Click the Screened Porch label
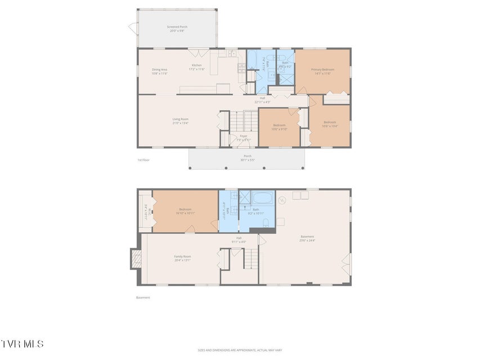coord(177,29)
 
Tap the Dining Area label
coord(159,71)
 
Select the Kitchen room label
coord(197,67)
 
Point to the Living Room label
coord(180,121)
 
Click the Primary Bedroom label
coord(323,71)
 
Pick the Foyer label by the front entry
coord(243,138)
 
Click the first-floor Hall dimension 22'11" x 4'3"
coord(262,102)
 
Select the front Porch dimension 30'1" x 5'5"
coord(247,160)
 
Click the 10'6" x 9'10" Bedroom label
coord(280,127)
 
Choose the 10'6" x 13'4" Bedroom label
coord(329,124)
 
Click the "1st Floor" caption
coord(143,160)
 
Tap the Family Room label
coord(182,258)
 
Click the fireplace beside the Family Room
coord(135,259)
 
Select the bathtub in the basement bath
coord(263,198)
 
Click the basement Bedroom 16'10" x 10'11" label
coord(186,211)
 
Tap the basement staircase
coord(250,259)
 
